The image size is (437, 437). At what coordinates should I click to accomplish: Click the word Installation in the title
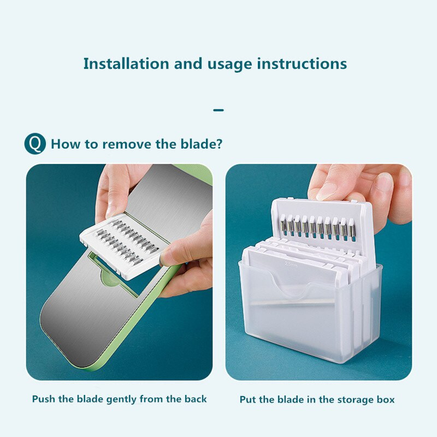126,63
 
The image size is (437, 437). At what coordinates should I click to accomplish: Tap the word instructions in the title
302,63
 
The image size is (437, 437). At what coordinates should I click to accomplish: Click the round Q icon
35,144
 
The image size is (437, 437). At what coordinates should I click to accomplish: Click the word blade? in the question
201,144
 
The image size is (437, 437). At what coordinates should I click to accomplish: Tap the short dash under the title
218,110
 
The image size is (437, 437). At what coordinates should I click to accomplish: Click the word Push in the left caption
44,399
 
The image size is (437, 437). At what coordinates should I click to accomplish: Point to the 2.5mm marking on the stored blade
291,264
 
